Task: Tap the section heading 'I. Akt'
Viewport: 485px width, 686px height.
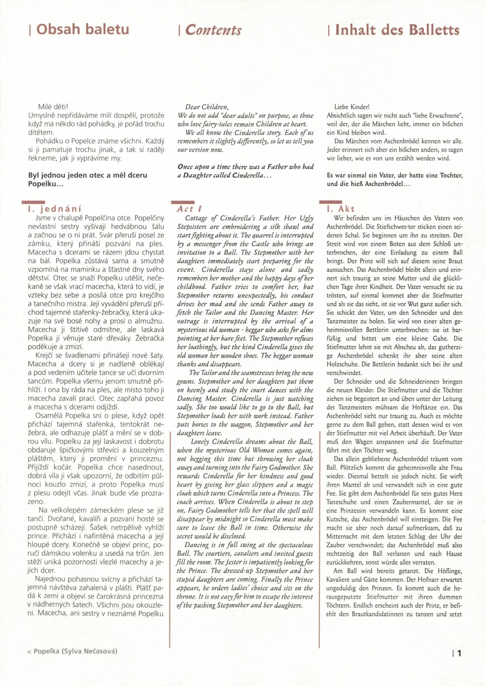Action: pos(341,209)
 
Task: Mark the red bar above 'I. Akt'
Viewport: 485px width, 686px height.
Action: pos(331,202)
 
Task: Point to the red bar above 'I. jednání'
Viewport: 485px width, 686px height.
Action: pos(33,202)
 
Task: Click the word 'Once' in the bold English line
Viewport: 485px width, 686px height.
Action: pos(185,167)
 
